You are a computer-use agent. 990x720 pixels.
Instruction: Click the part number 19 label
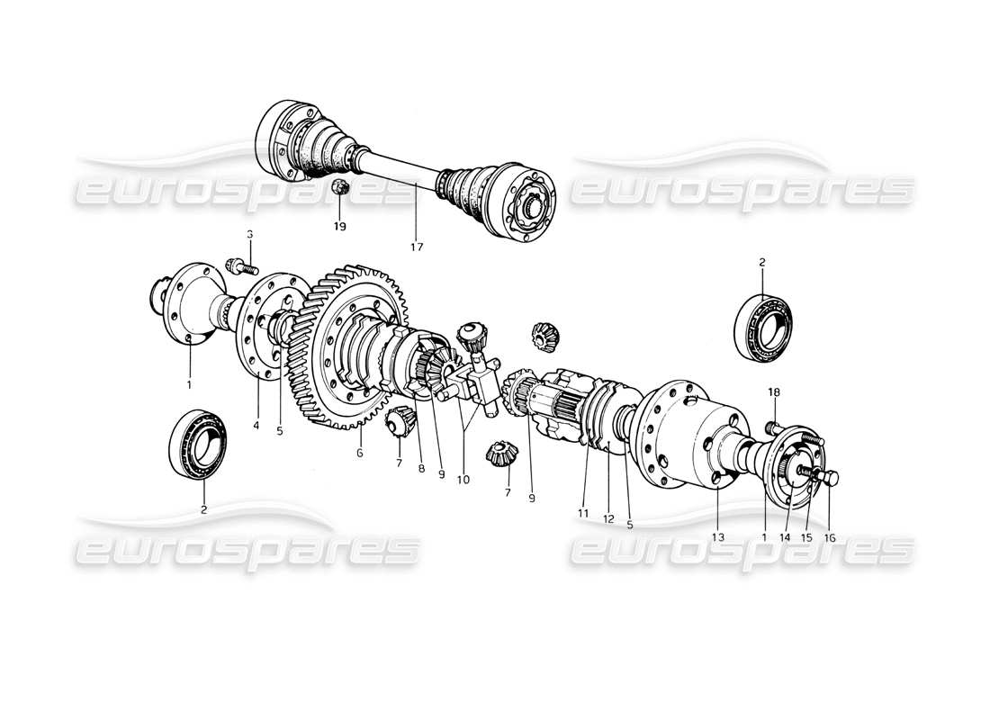click(x=339, y=227)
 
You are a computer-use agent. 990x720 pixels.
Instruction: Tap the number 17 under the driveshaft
click(x=417, y=246)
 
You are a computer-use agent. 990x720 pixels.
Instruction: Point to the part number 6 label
click(x=359, y=454)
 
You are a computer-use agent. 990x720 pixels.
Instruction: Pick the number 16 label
click(x=830, y=537)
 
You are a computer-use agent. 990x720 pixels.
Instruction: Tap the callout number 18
click(x=775, y=392)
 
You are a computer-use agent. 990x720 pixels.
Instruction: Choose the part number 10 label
click(x=463, y=480)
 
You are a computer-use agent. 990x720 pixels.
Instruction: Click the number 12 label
click(x=607, y=519)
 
